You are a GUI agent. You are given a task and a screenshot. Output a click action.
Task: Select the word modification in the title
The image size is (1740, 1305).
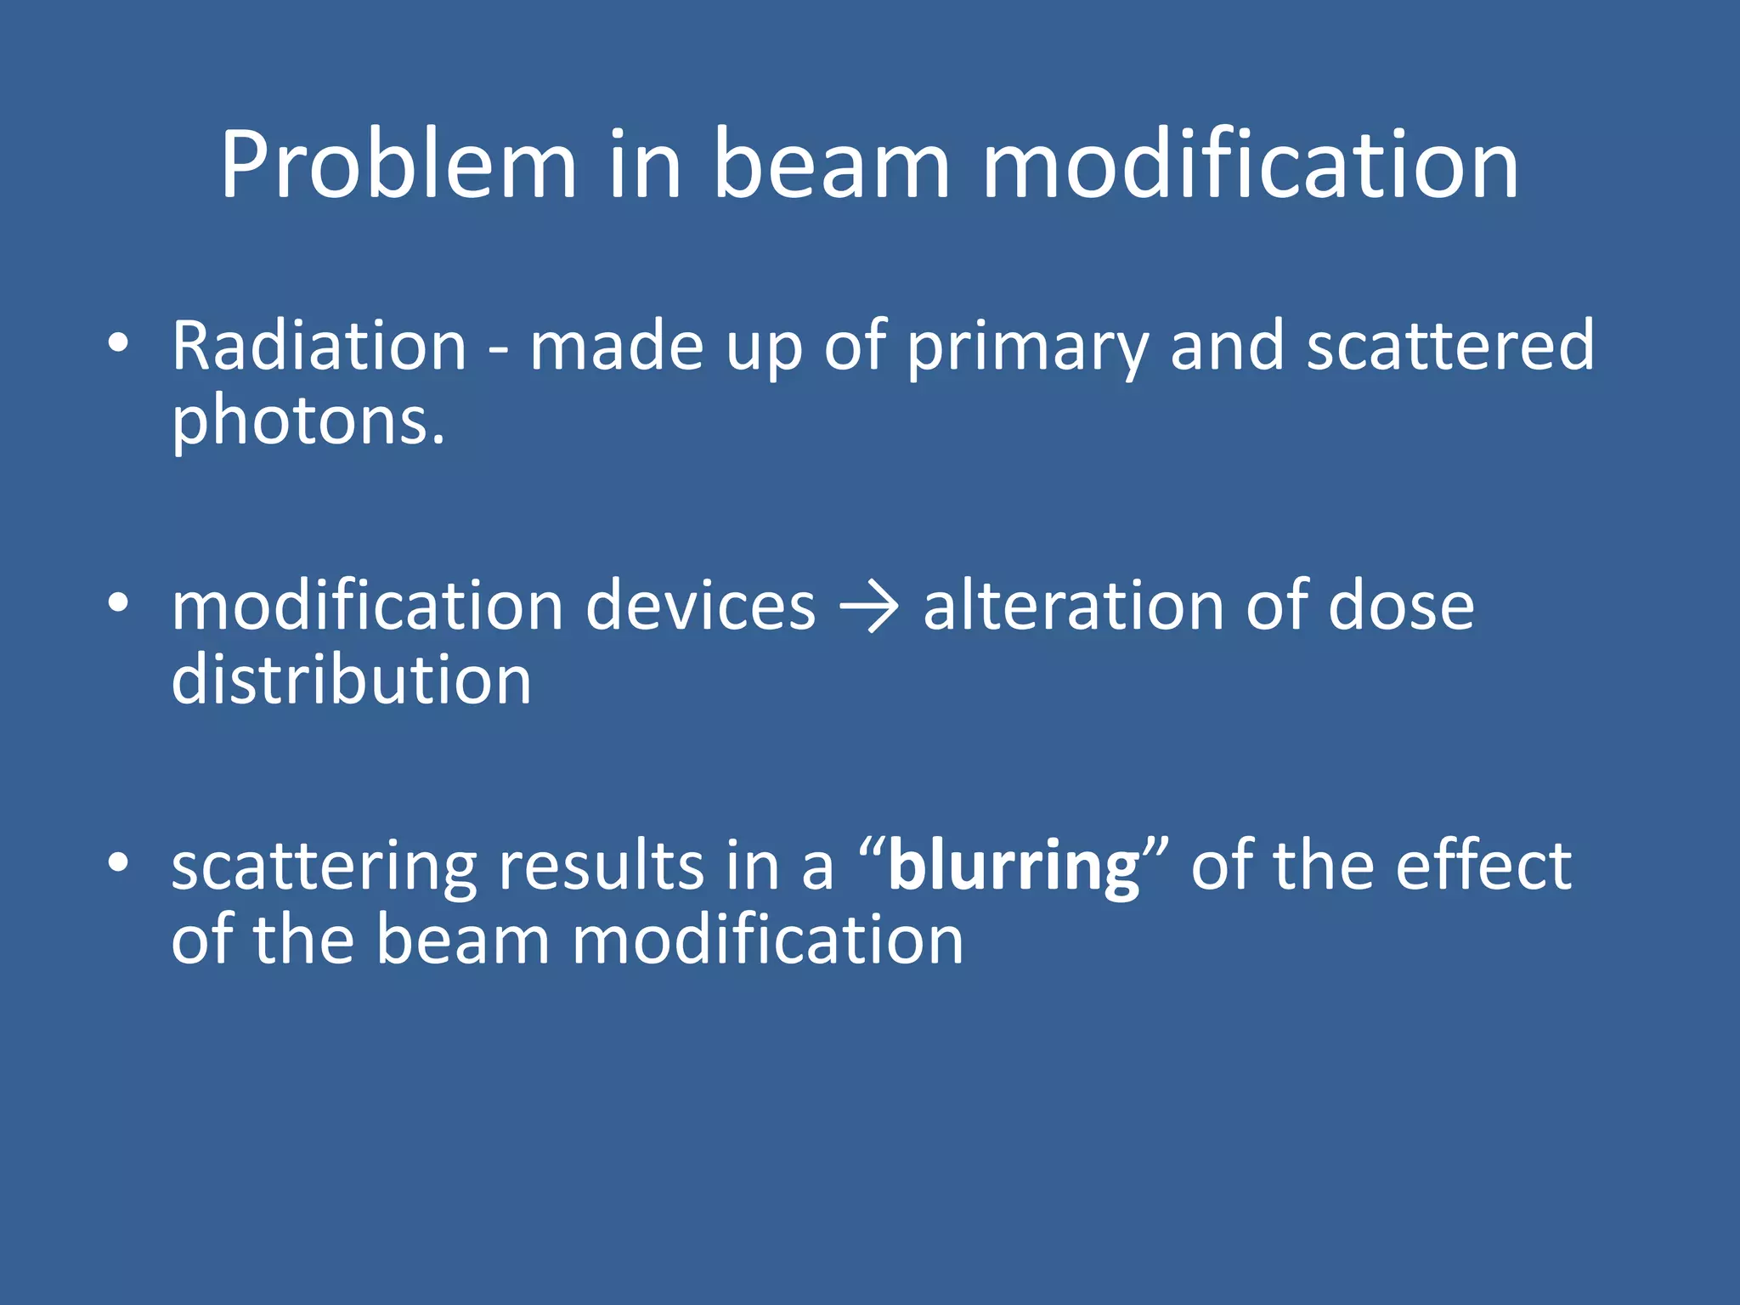(1250, 166)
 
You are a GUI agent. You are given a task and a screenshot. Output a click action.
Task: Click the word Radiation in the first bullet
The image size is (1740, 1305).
(319, 347)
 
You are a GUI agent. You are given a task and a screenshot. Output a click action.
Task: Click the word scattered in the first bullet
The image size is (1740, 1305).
(1450, 347)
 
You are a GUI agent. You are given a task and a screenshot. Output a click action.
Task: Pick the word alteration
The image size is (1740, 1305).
(1073, 607)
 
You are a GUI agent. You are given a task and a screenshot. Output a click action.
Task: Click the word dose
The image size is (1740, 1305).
(1401, 607)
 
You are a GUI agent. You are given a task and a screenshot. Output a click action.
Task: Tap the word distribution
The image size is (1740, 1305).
(351, 681)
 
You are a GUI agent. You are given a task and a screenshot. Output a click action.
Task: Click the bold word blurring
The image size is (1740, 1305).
(1014, 868)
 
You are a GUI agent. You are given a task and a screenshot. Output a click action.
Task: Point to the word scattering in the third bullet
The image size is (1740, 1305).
(325, 868)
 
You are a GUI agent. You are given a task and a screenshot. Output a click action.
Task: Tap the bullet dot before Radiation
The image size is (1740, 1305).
(118, 343)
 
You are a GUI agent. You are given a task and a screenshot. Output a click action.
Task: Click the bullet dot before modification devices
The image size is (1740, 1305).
(118, 603)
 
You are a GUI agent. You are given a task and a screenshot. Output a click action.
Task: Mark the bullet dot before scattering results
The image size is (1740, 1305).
(118, 863)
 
